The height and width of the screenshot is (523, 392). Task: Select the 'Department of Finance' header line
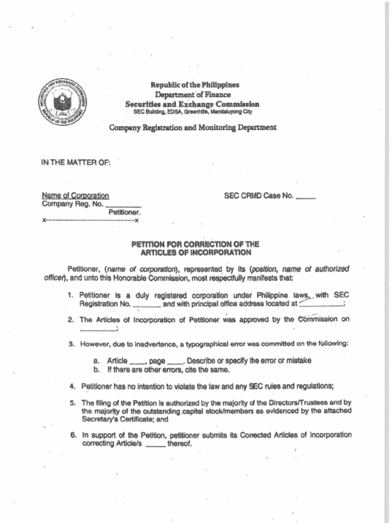tap(193, 94)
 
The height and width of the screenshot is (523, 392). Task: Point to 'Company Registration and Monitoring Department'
tap(193, 127)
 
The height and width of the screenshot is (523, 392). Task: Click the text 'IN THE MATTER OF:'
tap(76, 162)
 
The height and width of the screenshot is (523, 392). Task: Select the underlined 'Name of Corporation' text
tap(75, 196)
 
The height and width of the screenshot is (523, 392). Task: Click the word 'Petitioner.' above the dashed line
tap(125, 212)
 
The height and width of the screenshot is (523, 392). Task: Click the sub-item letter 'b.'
tap(96, 369)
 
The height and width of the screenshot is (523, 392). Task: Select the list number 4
tap(72, 386)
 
